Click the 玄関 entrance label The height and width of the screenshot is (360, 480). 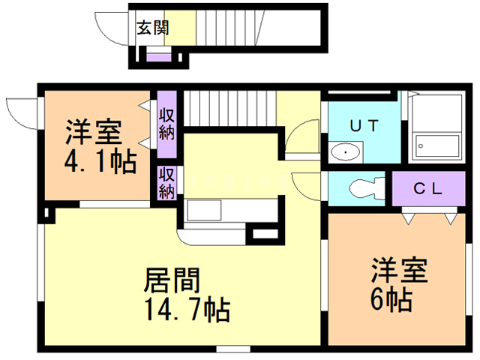[x=153, y=29]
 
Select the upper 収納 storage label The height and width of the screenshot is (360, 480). [x=166, y=124]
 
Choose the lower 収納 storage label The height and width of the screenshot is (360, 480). [x=166, y=183]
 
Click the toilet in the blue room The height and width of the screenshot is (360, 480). [x=366, y=188]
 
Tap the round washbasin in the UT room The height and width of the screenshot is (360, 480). [x=345, y=152]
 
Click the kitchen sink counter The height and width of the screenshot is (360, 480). [x=214, y=209]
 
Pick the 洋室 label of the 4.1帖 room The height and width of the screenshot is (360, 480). [x=93, y=135]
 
